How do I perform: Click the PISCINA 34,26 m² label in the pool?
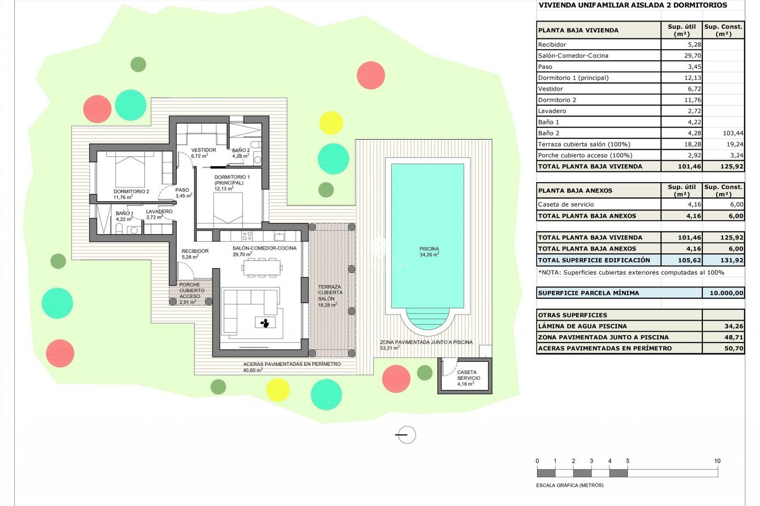pos(429,251)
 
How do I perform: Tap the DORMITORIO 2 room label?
pos(131,194)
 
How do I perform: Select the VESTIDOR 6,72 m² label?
pos(203,153)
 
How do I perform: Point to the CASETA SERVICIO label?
pos(468,378)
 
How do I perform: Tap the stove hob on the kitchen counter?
pos(247,236)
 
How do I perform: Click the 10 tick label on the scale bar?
pos(717,461)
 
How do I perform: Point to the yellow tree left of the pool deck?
pos(331,123)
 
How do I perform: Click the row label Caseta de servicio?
pos(566,204)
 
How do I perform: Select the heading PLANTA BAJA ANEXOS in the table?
pos(575,191)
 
